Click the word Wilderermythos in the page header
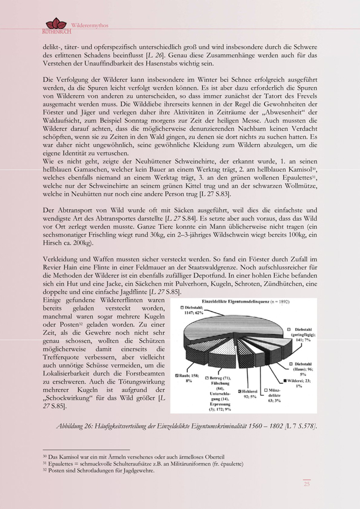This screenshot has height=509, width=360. [x=89, y=26]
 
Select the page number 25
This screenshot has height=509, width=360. [x=307, y=484]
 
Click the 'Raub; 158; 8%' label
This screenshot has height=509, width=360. [x=186, y=377]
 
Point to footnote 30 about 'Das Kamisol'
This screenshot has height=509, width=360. [x=134, y=456]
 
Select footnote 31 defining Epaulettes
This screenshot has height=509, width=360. [x=143, y=464]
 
